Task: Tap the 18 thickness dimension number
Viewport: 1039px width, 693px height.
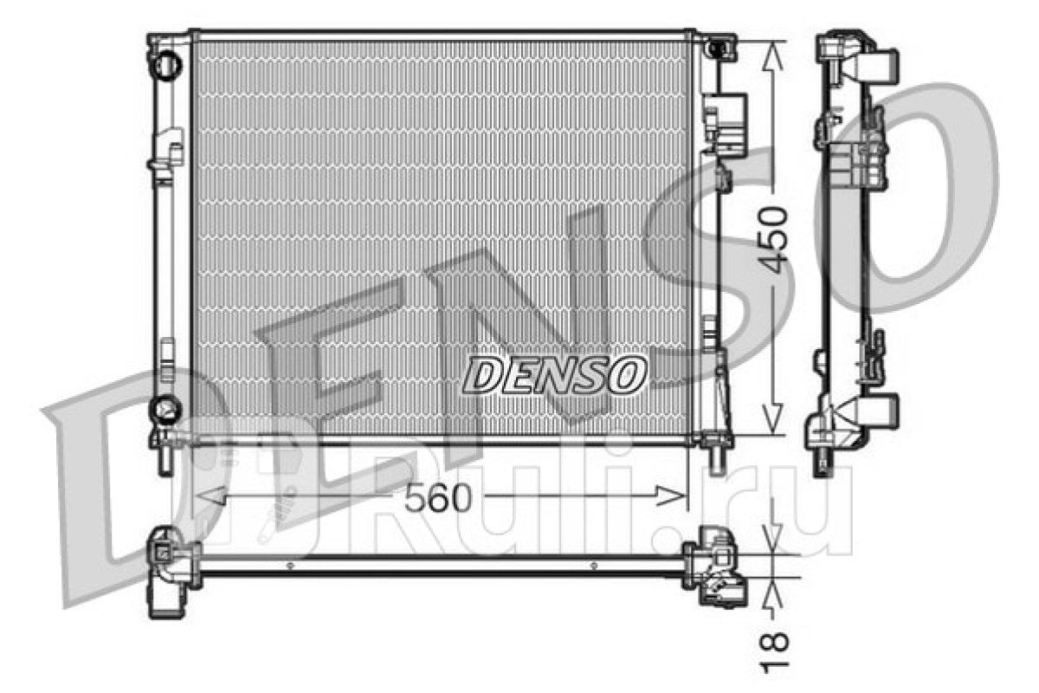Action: tap(775, 652)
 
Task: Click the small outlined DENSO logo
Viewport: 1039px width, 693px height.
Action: tap(555, 374)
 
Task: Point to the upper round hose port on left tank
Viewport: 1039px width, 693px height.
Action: tap(165, 64)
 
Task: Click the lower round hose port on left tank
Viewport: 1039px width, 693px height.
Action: tap(165, 410)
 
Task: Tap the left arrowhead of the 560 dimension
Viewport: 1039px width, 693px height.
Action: tap(210, 495)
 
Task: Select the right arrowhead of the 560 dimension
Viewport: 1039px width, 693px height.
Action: tap(670, 495)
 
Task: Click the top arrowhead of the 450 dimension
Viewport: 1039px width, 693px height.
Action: tap(772, 55)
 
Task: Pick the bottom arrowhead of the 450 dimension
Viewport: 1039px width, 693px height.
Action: tap(772, 420)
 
